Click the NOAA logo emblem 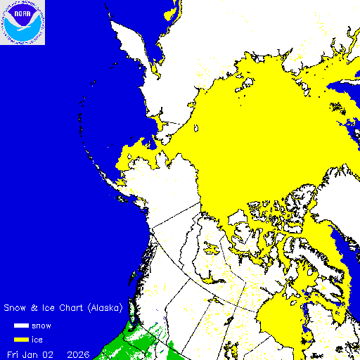22,22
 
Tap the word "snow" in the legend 41,326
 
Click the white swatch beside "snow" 21,326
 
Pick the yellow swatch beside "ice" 21,340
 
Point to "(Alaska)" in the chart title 105,308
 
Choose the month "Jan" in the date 33,354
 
